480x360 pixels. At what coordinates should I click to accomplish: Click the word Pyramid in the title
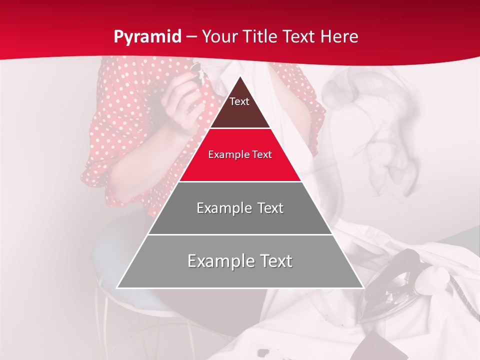click(147, 36)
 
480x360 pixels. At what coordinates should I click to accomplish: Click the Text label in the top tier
click(239, 101)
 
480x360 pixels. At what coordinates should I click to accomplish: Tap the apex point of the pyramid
click(240, 76)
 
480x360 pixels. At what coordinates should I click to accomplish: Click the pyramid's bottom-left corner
click(117, 287)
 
